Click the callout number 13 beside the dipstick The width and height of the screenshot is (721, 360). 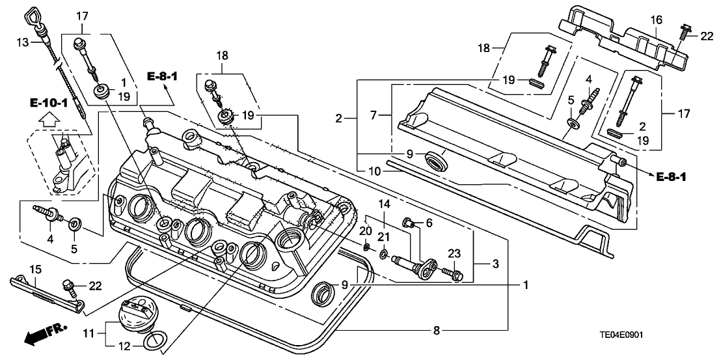point(21,42)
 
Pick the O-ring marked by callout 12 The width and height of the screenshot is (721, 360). point(156,339)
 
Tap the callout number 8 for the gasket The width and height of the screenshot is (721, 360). point(437,331)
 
